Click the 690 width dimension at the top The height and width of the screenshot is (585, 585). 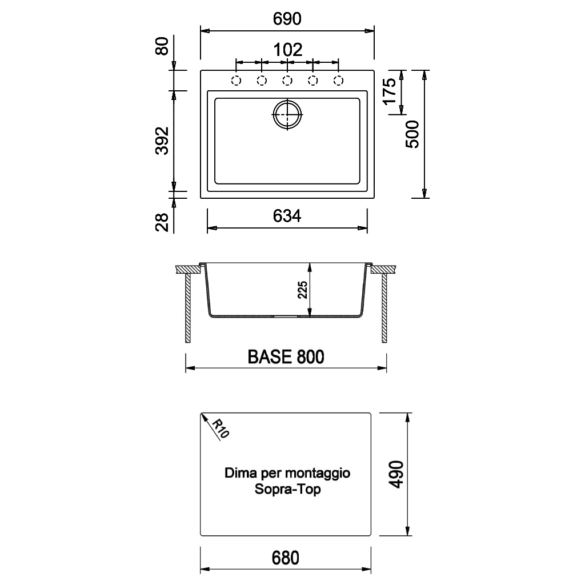click(x=287, y=19)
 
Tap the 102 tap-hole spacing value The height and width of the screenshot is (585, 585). click(x=288, y=50)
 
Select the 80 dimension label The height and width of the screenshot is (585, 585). click(x=162, y=46)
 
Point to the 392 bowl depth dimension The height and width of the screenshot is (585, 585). click(x=162, y=141)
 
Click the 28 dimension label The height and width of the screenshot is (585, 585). click(x=162, y=222)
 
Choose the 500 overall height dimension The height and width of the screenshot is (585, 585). click(x=412, y=134)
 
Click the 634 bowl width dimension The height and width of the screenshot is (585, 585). click(x=287, y=216)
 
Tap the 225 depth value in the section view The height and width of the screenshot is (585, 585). click(x=302, y=290)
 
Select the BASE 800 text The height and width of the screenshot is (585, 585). click(x=286, y=357)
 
